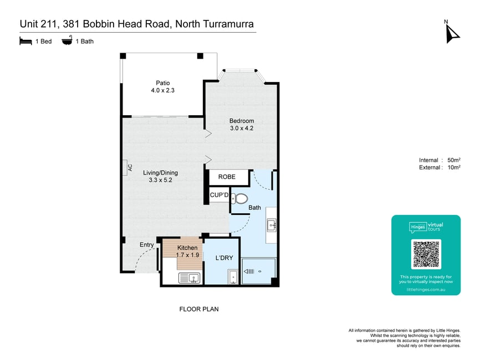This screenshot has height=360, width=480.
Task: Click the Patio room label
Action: (163, 83)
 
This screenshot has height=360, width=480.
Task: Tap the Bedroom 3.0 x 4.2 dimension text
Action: (242, 128)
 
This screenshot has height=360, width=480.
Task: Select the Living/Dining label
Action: (160, 173)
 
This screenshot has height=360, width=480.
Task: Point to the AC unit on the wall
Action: (125, 168)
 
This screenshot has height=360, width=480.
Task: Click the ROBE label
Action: (227, 177)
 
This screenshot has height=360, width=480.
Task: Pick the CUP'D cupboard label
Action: (219, 195)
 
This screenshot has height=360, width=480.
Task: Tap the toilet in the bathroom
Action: (239, 199)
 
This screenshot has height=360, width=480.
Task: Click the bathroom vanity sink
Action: (272, 225)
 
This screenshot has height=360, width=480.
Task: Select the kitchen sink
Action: (189, 278)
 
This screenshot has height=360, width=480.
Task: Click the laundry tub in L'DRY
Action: (233, 276)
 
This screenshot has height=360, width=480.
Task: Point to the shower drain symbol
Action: (260, 271)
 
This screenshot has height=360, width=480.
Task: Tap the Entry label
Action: (147, 245)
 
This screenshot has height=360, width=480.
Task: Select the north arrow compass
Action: (452, 33)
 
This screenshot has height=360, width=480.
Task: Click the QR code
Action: (426, 254)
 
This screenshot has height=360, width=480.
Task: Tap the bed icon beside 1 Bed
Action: (25, 41)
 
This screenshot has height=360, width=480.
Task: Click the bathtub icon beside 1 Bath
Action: (67, 40)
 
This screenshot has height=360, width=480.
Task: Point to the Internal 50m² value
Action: (454, 160)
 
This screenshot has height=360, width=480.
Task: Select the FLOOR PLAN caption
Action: (199, 309)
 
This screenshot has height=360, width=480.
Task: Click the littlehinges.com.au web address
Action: (426, 289)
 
